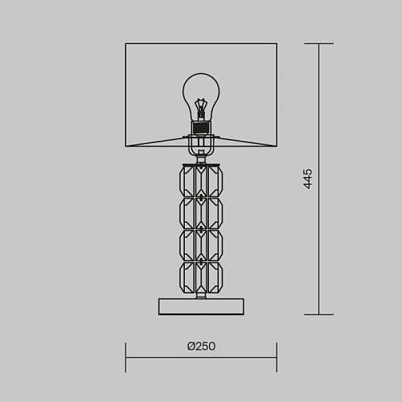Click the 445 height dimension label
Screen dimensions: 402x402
click(308, 179)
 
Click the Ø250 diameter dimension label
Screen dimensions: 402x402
click(201, 346)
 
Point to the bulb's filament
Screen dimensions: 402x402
click(201, 106)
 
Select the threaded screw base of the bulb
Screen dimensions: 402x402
click(201, 128)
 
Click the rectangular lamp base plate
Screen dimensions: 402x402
click(201, 306)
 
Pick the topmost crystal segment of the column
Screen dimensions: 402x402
click(201, 181)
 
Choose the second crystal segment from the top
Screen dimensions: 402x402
click(201, 213)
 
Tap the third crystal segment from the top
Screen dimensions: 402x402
click(201, 245)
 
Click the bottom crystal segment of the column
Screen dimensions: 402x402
click(201, 277)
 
